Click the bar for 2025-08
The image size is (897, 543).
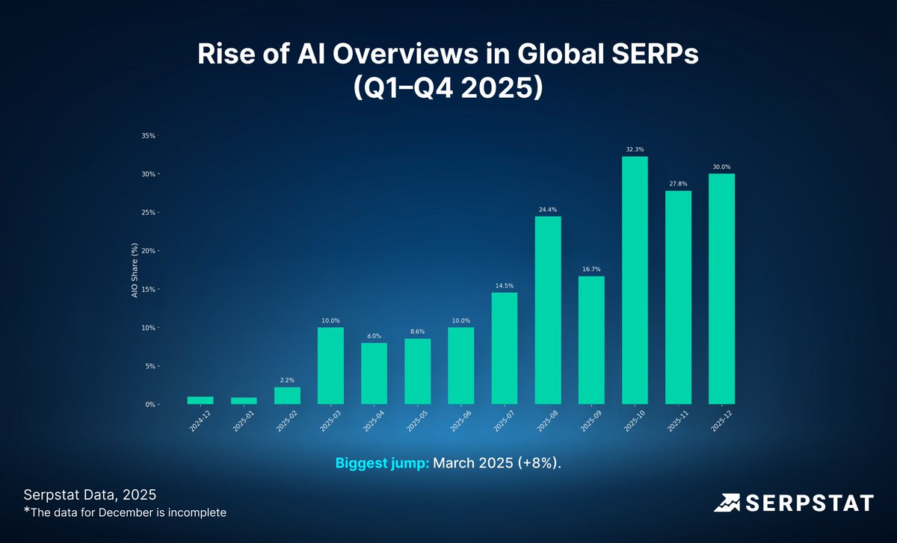(548, 310)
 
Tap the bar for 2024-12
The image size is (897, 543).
(200, 400)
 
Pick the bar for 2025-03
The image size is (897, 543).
(330, 365)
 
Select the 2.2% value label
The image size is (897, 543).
(287, 380)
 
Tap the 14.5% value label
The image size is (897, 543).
(505, 286)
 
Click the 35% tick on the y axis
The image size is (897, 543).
(147, 136)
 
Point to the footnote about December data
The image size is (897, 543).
(124, 512)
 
